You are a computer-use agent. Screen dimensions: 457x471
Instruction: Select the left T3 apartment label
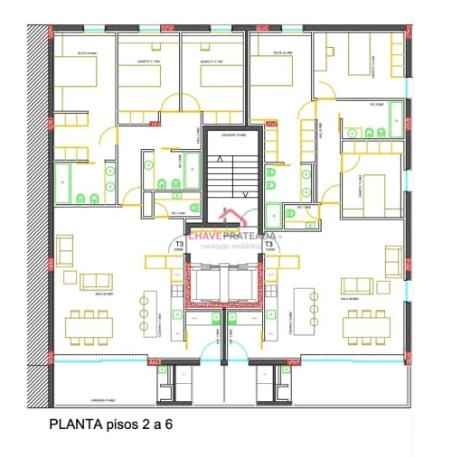point(180,245)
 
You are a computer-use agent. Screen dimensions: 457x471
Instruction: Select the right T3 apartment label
point(269,245)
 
